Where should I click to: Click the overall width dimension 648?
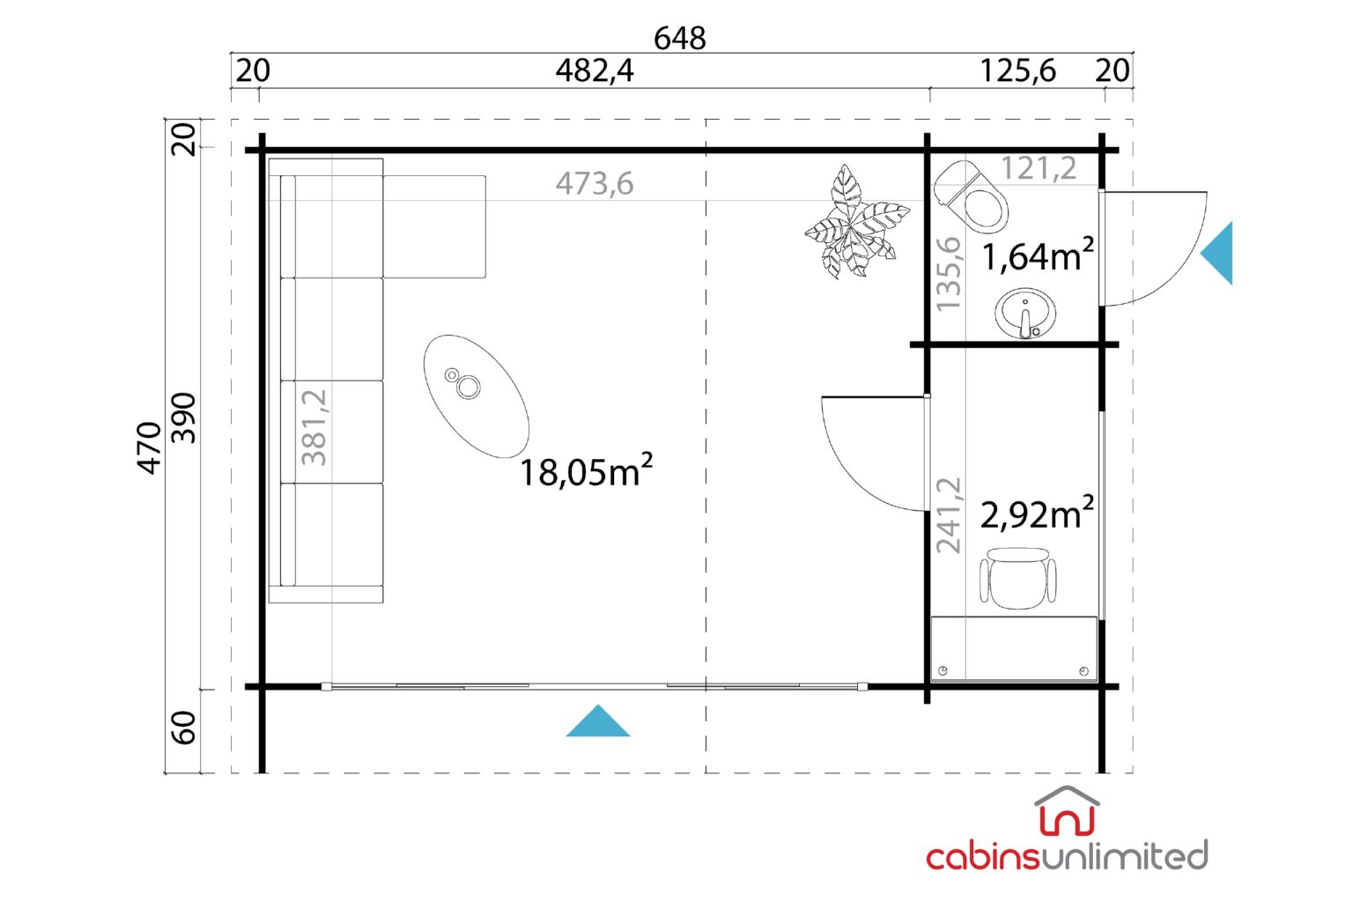tap(679, 38)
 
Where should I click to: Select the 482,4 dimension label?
tap(595, 70)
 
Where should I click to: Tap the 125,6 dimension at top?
tap(1017, 70)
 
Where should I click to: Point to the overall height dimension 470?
tap(149, 447)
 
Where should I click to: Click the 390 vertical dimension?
tap(183, 418)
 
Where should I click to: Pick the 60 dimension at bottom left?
tap(183, 728)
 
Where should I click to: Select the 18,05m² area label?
tap(586, 470)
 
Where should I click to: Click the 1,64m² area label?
tap(1038, 255)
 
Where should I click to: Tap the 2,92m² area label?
tap(1037, 513)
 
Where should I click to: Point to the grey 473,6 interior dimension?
tap(595, 184)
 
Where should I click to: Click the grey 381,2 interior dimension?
tap(314, 427)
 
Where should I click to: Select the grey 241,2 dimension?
tap(949, 514)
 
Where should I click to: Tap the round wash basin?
tap(1025, 314)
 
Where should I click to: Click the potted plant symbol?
tap(856, 222)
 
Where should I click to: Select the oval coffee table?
tap(477, 396)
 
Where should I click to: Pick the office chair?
tap(1017, 578)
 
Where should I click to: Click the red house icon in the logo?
tap(1068, 811)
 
